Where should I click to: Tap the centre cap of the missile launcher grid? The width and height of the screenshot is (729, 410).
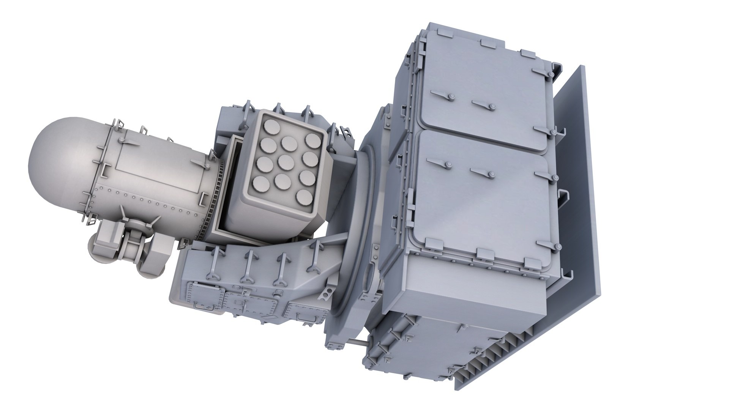pos(286,163)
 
